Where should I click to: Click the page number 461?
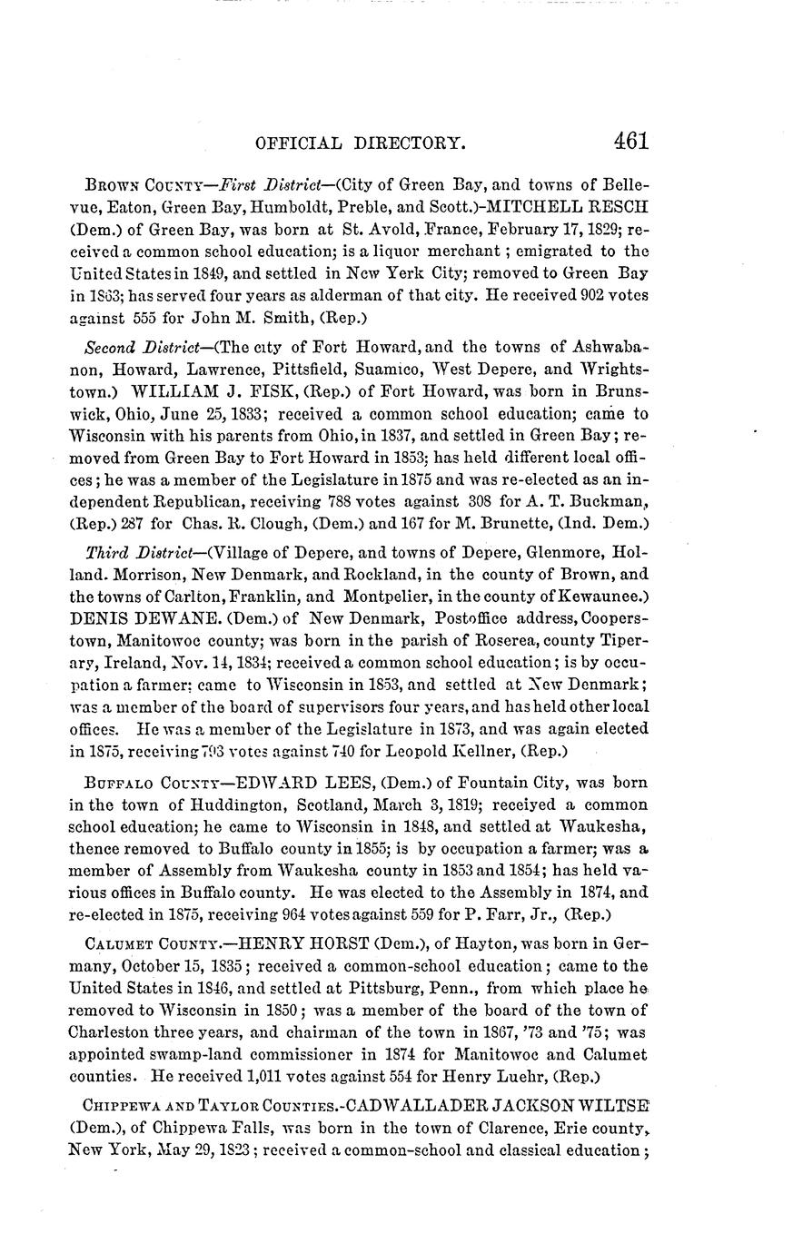(x=630, y=141)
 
